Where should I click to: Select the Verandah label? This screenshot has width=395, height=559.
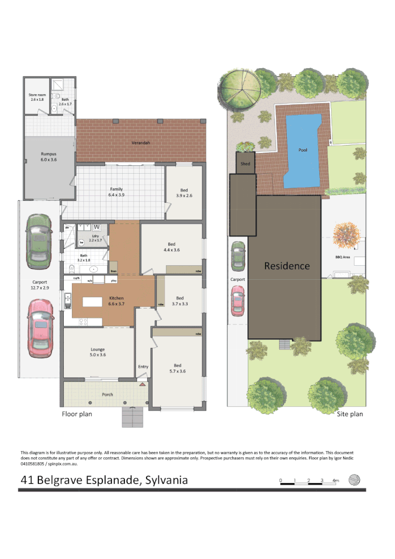(x=140, y=143)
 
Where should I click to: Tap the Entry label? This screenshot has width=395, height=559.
(x=143, y=367)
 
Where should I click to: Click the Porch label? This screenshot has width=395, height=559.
(x=108, y=394)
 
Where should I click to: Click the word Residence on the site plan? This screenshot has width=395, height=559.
(x=287, y=266)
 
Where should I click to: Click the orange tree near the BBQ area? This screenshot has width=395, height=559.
(x=345, y=234)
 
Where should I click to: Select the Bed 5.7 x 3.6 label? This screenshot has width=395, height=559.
(x=177, y=368)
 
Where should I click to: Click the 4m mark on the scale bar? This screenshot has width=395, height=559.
(x=335, y=480)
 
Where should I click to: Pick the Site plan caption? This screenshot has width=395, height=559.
(x=350, y=414)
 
